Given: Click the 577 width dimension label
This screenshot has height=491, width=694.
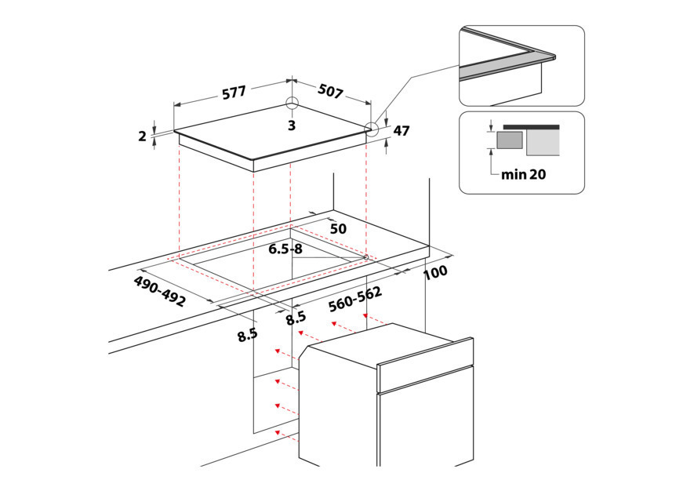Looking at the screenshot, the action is point(234,93).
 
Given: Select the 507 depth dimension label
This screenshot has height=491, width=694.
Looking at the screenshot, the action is point(331,91).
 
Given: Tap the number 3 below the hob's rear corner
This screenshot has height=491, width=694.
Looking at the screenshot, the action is point(292,125).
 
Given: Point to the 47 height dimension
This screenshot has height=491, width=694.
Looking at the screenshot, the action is point(402,131).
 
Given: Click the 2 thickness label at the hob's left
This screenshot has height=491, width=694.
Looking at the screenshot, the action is point(142,136).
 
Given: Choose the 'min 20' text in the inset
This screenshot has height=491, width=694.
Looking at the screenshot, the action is point(524,174).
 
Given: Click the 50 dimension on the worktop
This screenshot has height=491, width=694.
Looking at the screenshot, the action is point(338,229).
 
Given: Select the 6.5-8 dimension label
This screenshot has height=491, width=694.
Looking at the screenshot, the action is point(285,249).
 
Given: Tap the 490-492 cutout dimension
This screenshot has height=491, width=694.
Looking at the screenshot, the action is point(159,291).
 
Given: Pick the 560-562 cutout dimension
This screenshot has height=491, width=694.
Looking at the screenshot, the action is point(355,300).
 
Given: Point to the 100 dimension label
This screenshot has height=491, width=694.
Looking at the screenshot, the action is point(435,272).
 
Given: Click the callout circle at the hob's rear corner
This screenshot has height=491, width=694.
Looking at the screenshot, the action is point(292,103).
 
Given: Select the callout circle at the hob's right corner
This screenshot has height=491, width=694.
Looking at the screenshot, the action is point(372,129).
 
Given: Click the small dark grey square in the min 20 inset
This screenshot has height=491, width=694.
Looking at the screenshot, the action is point(510,140).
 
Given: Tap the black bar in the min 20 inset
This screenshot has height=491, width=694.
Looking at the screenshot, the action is point(531,127).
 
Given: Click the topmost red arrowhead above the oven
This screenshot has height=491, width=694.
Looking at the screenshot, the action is point(366,316).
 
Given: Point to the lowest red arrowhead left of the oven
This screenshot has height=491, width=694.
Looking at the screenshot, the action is point(278,432).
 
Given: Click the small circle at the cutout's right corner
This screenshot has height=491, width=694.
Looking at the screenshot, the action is point(365,256).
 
